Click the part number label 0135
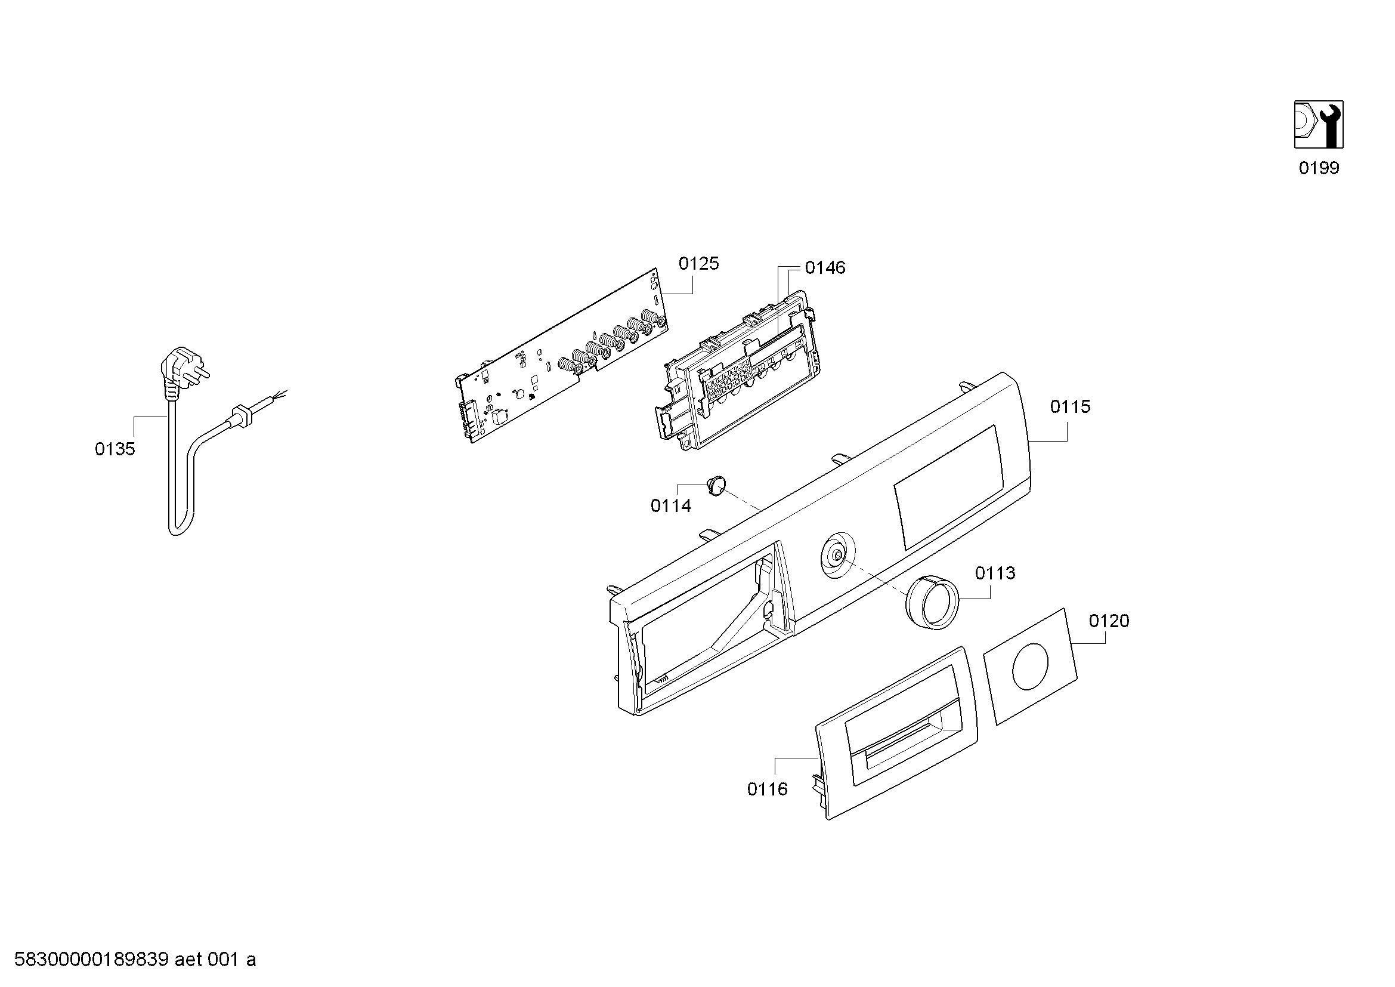click(x=115, y=449)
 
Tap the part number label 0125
click(x=699, y=264)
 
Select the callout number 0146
click(x=825, y=268)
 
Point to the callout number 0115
click(x=1071, y=406)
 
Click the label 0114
click(x=671, y=505)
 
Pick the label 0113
click(x=995, y=573)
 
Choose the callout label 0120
click(x=1109, y=621)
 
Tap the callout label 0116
click(x=768, y=789)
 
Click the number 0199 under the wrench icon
click(x=1319, y=168)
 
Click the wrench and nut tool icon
click(x=1319, y=125)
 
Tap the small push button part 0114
click(x=717, y=485)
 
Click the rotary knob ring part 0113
click(x=932, y=602)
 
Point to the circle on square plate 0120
click(x=1030, y=667)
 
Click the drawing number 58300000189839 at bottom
click(x=91, y=960)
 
